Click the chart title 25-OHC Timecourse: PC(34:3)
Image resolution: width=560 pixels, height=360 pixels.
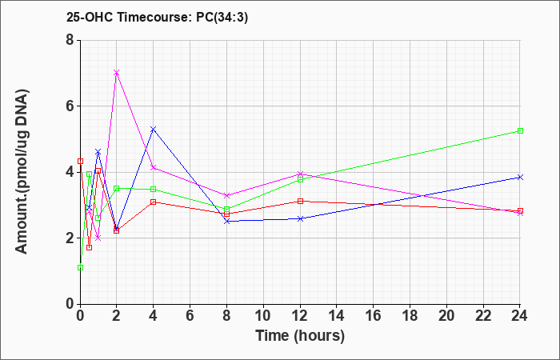click(x=157, y=17)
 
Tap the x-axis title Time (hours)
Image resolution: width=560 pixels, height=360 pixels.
click(x=300, y=336)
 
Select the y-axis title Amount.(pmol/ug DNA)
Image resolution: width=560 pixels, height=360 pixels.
click(x=22, y=172)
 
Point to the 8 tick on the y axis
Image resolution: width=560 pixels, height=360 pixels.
click(x=70, y=40)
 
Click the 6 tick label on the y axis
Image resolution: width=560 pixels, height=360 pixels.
click(x=70, y=106)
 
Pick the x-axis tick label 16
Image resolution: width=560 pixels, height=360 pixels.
click(x=373, y=316)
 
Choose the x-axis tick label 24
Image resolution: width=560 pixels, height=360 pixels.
click(x=520, y=316)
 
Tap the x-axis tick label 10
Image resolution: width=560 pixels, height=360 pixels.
click(x=263, y=316)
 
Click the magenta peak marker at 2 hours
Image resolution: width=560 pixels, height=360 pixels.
click(x=117, y=73)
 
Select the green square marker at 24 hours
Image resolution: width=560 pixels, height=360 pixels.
click(x=520, y=130)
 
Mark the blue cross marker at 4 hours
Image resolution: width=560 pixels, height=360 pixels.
click(x=154, y=129)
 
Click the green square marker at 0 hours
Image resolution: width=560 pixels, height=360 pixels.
click(x=80, y=267)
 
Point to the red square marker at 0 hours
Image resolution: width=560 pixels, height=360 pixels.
click(x=80, y=161)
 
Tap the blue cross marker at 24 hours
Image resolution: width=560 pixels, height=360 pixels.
click(x=520, y=177)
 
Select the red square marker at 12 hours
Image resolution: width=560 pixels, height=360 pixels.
click(x=300, y=201)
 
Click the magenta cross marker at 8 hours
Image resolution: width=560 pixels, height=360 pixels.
click(x=226, y=195)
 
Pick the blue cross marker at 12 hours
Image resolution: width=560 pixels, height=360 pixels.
click(x=300, y=218)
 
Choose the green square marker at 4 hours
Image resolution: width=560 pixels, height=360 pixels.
click(x=154, y=189)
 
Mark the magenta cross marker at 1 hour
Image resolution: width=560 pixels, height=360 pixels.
click(x=98, y=238)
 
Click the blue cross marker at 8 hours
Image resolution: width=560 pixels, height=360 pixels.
click(x=226, y=222)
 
